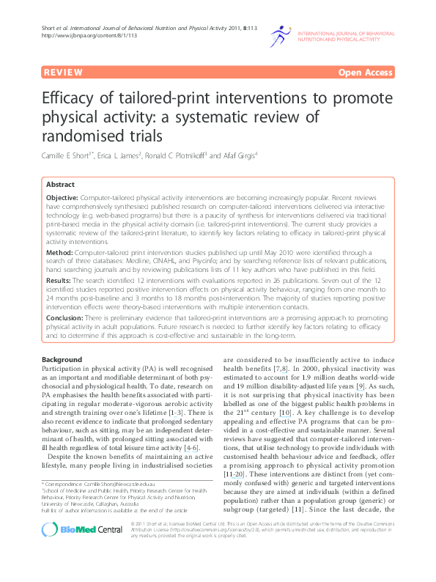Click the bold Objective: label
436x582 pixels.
pyautogui.click(x=63, y=199)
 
